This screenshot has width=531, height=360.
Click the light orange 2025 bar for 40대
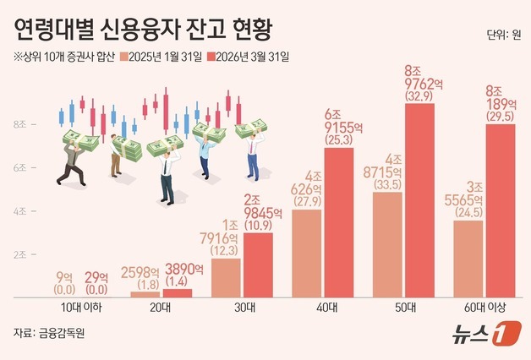306,253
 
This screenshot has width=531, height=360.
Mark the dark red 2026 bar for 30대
259,264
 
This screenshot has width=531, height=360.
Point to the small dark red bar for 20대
178,292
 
